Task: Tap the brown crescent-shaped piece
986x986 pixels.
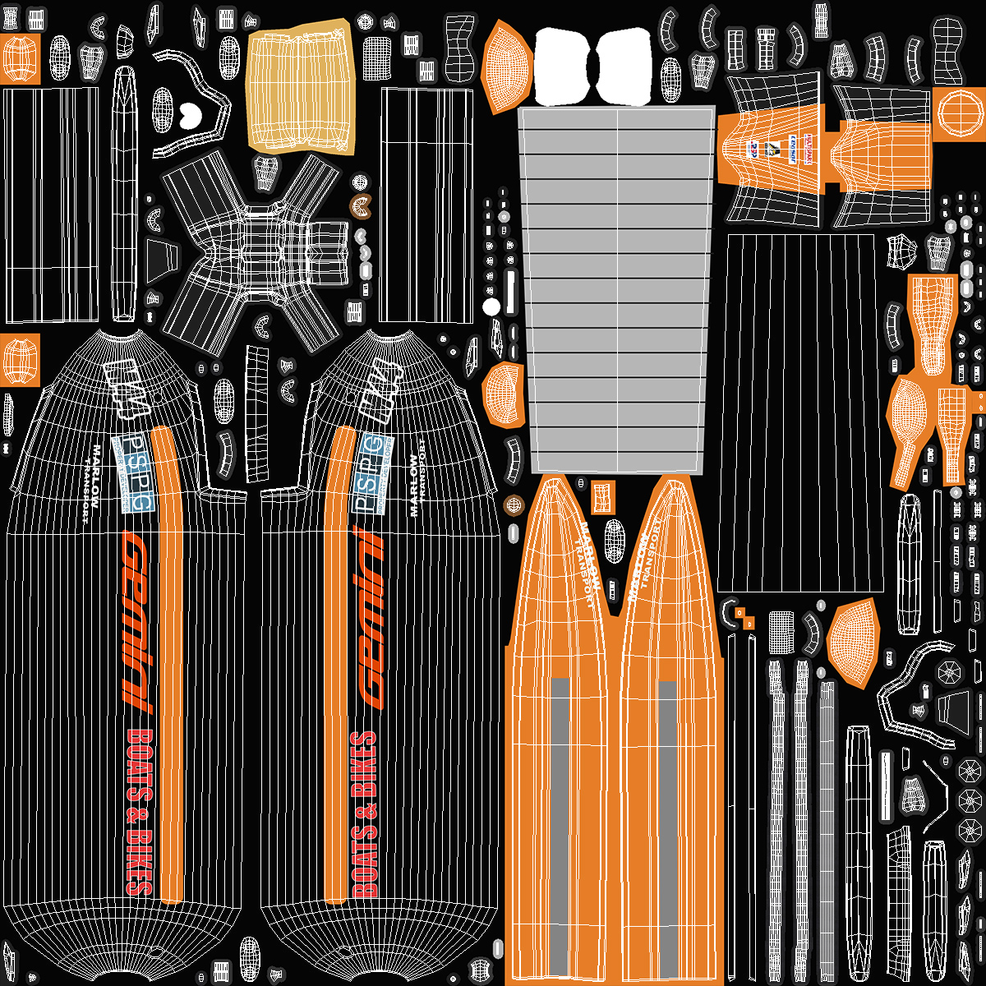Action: pyautogui.click(x=360, y=206)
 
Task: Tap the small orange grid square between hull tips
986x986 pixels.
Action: pyautogui.click(x=604, y=495)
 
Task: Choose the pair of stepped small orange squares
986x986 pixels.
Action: pyautogui.click(x=744, y=618)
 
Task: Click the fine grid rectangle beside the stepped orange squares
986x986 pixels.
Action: pyautogui.click(x=780, y=632)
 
